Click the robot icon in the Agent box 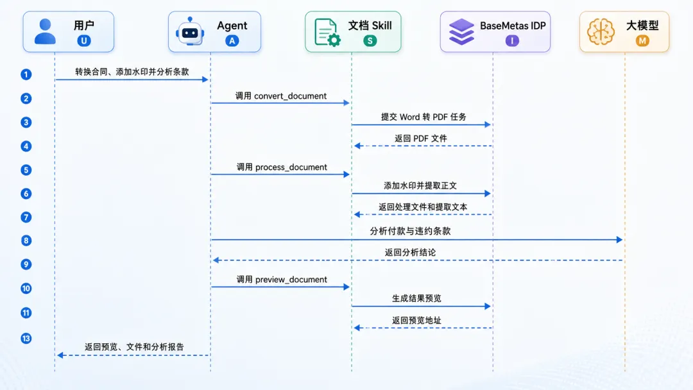coord(190,31)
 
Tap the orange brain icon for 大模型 coord(601,31)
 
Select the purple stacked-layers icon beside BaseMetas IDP coord(461,32)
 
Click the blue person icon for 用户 coord(45,31)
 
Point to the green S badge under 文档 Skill coord(370,41)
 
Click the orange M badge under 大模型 coord(642,41)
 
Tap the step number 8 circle coord(26,241)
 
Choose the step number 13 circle coord(26,338)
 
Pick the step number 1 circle coord(26,74)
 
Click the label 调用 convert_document coord(281,96)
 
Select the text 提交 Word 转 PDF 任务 coord(424,117)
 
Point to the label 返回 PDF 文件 coord(421,139)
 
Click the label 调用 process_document coord(282,167)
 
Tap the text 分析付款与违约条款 coord(410,231)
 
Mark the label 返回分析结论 coord(410,252)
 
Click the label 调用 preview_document coord(282,280)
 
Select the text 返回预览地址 coord(416,320)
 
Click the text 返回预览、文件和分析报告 coord(134,347)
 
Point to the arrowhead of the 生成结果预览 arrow coord(488,306)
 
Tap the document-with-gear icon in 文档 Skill coord(327,32)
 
